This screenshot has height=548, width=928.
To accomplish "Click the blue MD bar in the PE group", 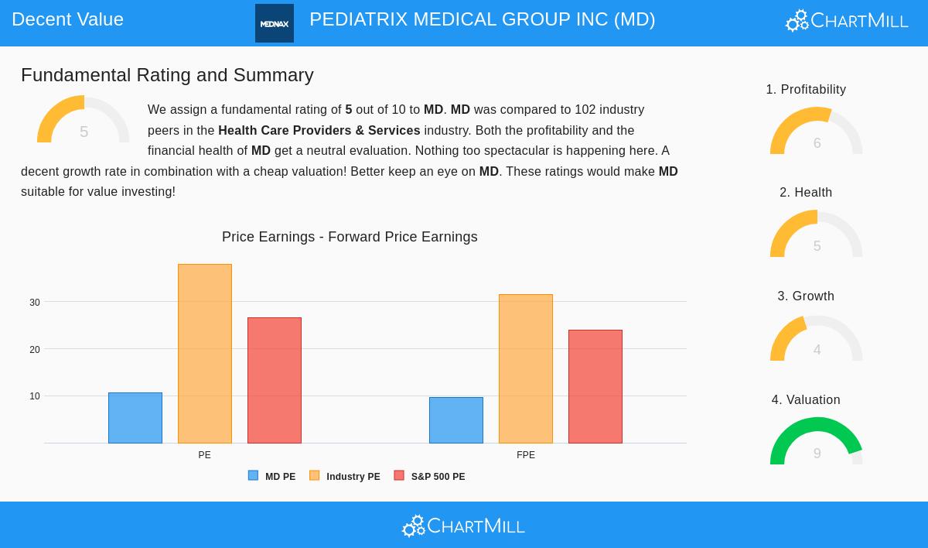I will tap(135, 418).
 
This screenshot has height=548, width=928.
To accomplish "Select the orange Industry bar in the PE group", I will tap(205, 354).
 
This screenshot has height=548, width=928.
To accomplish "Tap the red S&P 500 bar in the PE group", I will tap(275, 380).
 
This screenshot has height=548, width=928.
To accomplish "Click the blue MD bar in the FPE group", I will tap(456, 420).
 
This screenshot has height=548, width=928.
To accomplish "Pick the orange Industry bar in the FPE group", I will tap(526, 368).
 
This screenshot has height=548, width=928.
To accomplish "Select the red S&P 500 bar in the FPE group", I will tap(595, 386).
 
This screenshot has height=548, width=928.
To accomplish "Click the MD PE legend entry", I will tap(272, 477).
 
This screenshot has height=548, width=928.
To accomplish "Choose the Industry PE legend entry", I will tap(345, 477).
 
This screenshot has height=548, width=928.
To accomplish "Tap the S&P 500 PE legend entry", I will tap(430, 477).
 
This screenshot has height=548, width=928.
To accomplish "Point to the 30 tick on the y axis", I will tap(35, 303).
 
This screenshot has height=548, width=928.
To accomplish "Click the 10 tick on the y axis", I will tap(35, 396).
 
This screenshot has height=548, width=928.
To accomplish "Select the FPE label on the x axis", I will tap(526, 455).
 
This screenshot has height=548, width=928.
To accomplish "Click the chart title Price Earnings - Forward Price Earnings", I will tap(350, 237).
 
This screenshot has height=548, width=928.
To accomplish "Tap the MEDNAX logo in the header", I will tap(275, 23).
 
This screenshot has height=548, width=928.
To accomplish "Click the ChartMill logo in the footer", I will tap(463, 526).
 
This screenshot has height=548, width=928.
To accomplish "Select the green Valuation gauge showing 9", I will tap(817, 441).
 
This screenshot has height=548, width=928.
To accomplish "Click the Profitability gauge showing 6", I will tap(817, 132).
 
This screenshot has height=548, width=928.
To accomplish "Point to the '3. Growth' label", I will tap(806, 296).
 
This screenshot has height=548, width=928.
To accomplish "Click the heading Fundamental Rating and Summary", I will tap(167, 75).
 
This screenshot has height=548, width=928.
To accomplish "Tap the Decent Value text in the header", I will tap(67, 19).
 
